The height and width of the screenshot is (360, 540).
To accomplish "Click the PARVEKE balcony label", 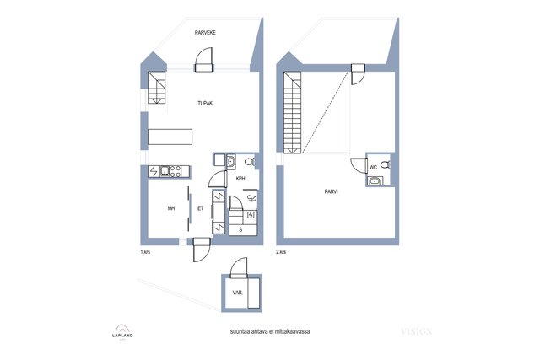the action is click(x=205, y=33).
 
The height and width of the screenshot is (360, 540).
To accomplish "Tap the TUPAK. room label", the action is click(x=205, y=103).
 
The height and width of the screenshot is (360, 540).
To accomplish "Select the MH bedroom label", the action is click(x=171, y=208).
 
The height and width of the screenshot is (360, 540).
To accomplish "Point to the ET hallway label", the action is click(x=200, y=208).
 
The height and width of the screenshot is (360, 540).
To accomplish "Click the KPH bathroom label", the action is click(x=240, y=179).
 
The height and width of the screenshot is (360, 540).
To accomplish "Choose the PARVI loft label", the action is click(x=331, y=191).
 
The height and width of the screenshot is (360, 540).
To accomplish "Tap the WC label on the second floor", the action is click(x=373, y=168).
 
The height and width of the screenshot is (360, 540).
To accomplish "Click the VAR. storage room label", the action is click(x=237, y=293).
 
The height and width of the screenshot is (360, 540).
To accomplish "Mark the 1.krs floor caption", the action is click(x=145, y=252).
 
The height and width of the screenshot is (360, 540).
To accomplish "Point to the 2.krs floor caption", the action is click(x=281, y=252).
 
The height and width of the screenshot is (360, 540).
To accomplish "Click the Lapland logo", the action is click(x=122, y=332).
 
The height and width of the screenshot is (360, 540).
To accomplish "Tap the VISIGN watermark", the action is click(x=416, y=332).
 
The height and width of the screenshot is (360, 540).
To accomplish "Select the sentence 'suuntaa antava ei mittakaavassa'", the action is click(x=270, y=332).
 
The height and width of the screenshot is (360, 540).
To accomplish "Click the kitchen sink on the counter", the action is click(x=165, y=171).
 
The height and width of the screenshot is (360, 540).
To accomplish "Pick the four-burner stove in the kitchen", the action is click(x=175, y=171).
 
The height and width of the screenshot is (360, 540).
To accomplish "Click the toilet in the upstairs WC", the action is click(x=386, y=164).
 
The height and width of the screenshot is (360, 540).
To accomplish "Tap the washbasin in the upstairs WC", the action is click(x=375, y=180).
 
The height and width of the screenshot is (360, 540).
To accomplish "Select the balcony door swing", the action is click(x=203, y=59).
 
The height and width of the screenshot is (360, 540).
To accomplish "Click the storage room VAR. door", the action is click(x=239, y=268).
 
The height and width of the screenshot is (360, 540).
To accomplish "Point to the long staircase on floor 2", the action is click(x=293, y=112).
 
